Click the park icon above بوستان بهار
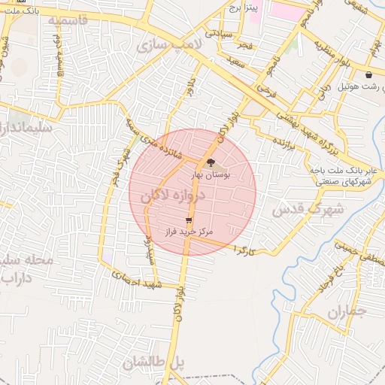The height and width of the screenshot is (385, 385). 211,162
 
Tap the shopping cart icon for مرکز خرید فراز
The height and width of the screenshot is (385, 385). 188,220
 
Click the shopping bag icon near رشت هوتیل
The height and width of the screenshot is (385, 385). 368,75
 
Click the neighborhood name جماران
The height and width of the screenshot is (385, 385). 347,311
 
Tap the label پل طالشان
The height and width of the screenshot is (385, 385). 153,362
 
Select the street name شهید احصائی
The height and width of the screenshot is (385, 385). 141,282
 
